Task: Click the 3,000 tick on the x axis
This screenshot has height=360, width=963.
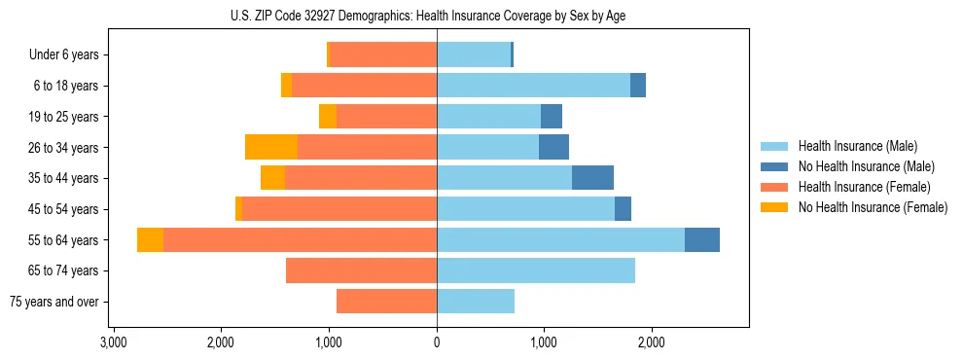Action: click(x=114, y=342)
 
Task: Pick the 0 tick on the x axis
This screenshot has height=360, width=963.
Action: click(x=437, y=342)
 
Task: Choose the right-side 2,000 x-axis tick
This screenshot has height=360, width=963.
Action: click(x=652, y=342)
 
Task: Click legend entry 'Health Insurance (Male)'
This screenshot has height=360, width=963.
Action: click(x=857, y=146)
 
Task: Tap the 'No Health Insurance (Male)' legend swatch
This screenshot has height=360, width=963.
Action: click(x=774, y=166)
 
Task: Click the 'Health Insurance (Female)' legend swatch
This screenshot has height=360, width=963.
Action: click(x=774, y=187)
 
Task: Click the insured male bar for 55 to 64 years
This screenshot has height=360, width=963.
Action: click(x=560, y=240)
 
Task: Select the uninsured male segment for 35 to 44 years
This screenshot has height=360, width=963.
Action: click(x=592, y=178)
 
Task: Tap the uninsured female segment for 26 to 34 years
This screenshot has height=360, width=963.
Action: click(x=271, y=147)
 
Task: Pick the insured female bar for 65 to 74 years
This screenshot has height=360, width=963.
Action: click(x=361, y=270)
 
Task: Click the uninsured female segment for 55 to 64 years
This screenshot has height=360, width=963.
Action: click(x=150, y=240)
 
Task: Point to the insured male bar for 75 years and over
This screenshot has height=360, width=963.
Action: click(x=476, y=302)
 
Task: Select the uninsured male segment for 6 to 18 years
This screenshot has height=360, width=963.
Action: click(x=638, y=86)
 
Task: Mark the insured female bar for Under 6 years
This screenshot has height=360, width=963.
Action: click(x=383, y=54)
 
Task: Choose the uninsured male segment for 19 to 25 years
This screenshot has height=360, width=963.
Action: click(x=552, y=117)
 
